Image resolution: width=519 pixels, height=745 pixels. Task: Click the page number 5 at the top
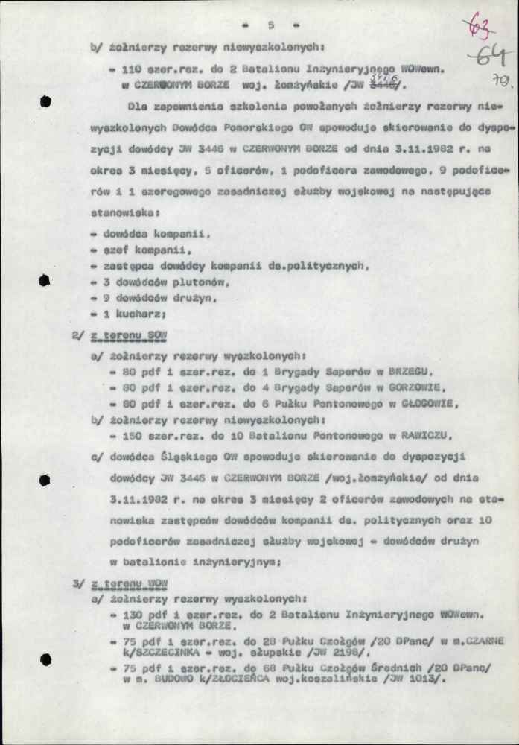click(x=271, y=25)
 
